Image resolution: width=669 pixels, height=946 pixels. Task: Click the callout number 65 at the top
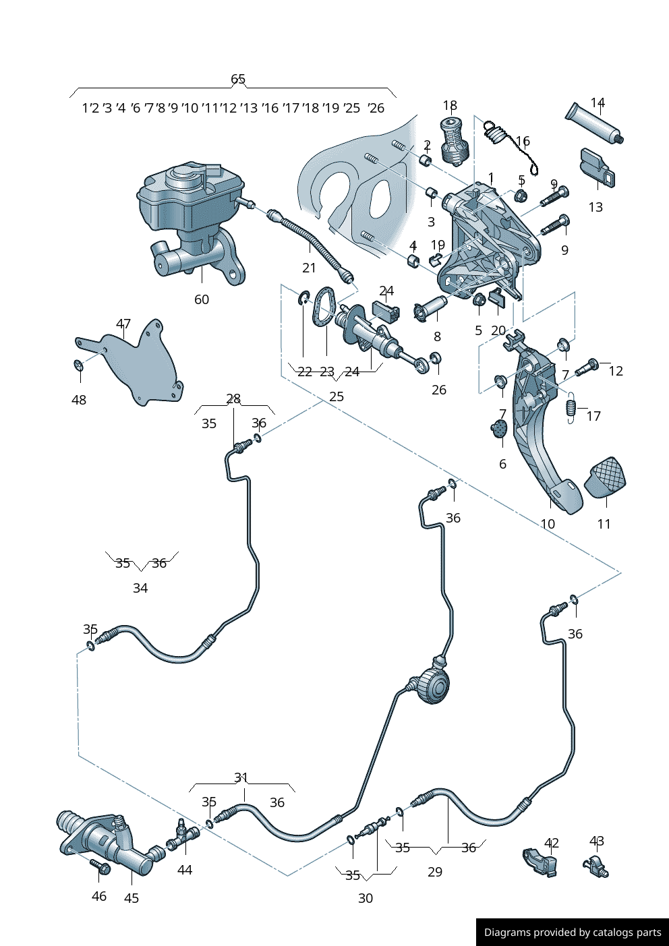[x=238, y=79]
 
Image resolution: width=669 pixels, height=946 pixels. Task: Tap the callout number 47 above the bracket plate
[x=123, y=324]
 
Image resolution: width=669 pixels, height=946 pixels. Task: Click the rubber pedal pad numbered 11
[x=605, y=477]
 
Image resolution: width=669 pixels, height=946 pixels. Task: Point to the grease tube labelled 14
[x=593, y=123]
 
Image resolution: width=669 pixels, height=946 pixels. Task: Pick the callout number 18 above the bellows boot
[x=450, y=105]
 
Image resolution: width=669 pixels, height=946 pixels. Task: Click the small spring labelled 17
[x=571, y=407]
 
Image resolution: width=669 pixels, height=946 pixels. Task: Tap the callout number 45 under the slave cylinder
[x=132, y=898]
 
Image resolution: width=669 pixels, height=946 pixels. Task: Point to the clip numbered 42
[x=541, y=862]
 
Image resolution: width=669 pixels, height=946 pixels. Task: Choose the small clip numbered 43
[x=595, y=866]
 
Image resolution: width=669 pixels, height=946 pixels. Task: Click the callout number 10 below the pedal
[x=548, y=524]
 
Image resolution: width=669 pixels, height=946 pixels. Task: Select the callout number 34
[x=140, y=588]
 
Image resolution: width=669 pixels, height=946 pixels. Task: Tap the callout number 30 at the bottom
[x=366, y=898]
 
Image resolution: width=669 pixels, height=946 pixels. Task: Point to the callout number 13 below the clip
[x=595, y=207]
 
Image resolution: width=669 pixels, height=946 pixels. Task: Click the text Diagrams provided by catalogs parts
[x=573, y=933]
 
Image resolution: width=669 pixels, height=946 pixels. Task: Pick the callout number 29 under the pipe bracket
[x=435, y=872]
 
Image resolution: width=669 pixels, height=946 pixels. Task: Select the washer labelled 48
[x=78, y=365]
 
